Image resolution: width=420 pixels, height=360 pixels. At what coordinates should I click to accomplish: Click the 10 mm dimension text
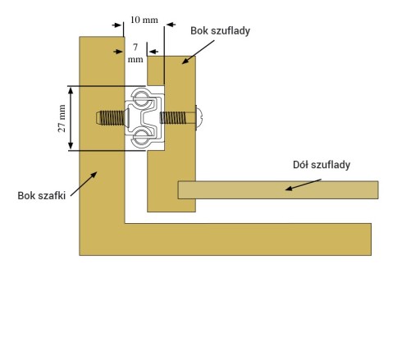[144, 20]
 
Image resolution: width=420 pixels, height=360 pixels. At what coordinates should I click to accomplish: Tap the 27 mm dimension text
[62, 118]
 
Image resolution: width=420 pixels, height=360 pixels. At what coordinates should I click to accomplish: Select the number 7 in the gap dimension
[135, 48]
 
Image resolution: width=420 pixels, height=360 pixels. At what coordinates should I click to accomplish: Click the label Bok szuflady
[220, 30]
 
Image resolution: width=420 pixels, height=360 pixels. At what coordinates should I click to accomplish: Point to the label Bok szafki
[42, 196]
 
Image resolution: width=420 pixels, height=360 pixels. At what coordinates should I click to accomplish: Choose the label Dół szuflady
[322, 165]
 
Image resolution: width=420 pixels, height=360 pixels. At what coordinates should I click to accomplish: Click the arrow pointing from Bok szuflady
[198, 52]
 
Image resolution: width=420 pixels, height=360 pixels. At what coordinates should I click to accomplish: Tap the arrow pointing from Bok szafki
[84, 184]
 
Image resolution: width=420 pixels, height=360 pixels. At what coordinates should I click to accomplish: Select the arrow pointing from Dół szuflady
[303, 185]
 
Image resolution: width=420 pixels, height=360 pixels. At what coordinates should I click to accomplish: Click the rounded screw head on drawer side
[199, 118]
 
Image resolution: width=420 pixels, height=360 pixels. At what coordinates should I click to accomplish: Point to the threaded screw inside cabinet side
[112, 118]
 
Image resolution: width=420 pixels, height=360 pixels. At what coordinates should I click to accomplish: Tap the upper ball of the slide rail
[141, 98]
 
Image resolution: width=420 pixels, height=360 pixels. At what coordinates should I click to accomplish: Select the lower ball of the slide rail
[141, 137]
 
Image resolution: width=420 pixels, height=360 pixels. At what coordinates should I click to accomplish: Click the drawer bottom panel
[278, 190]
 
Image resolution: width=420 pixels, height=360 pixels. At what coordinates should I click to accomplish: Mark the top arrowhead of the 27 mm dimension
[71, 90]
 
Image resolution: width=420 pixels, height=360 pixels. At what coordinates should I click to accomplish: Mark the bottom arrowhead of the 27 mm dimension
[71, 145]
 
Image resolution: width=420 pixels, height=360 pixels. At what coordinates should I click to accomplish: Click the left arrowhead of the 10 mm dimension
[116, 25]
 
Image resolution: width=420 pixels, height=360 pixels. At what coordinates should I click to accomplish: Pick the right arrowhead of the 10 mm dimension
[171, 25]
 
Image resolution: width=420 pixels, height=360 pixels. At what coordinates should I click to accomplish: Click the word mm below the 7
[135, 60]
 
